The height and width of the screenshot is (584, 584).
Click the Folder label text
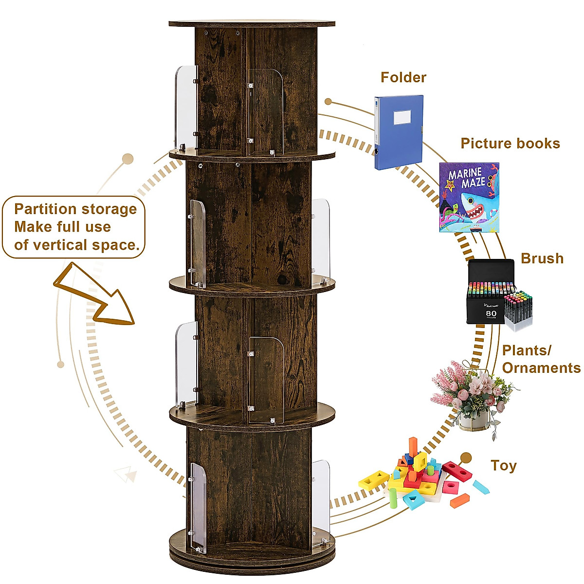pos(403,77)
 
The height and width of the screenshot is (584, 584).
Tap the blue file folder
pos(399,132)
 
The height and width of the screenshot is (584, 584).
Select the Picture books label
pos(510,144)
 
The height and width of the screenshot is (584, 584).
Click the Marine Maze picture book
pos(469,197)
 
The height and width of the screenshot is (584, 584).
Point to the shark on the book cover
pos(474,207)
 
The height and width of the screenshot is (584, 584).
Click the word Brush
pos(542,258)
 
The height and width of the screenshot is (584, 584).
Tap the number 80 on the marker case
pos(491,313)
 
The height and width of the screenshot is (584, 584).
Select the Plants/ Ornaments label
pos(541,359)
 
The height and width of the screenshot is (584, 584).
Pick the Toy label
pos(503,466)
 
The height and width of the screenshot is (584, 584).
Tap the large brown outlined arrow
pos(97,297)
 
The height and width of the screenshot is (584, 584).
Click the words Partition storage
pos(75,209)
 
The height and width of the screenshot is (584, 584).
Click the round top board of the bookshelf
pos(252,23)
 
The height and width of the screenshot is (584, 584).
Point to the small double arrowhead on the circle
pos(125,473)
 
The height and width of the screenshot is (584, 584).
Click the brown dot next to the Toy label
pos(466,457)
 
